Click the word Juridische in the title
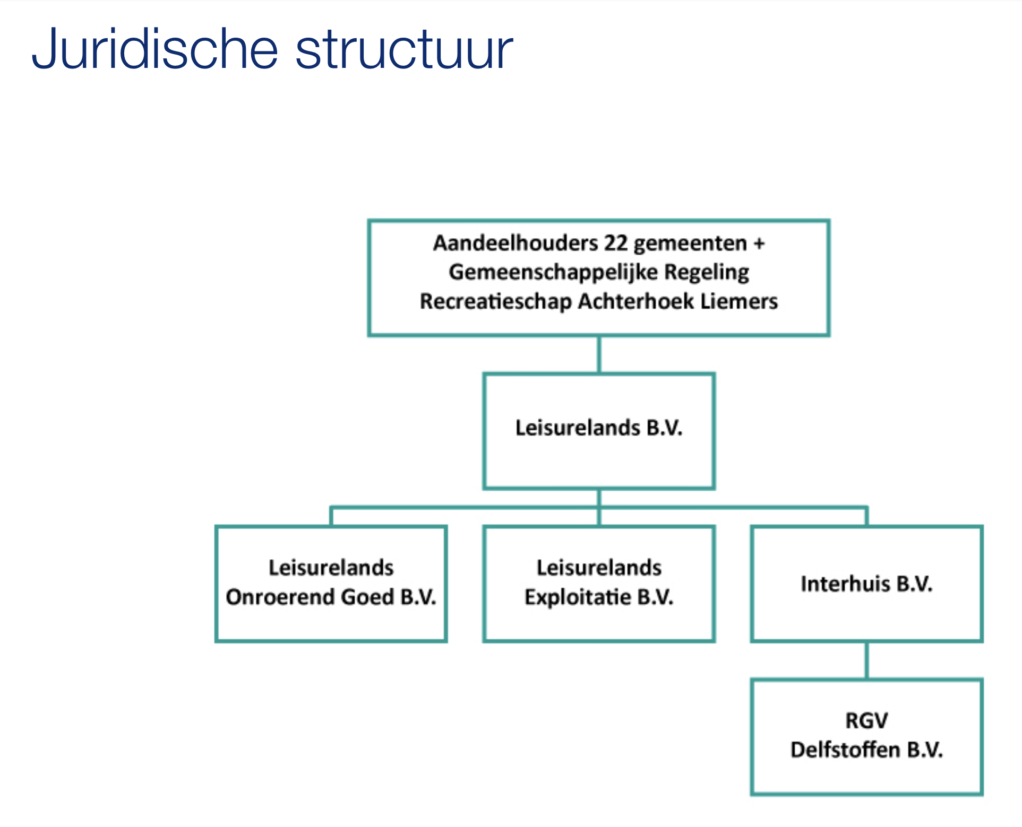coord(154,49)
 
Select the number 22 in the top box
coord(616,243)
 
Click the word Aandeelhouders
coord(516,243)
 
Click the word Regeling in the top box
coord(707,273)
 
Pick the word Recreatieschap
coord(496,302)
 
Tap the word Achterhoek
coord(636,301)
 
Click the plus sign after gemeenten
coord(759,244)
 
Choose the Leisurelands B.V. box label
coord(599,428)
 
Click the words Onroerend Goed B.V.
coord(331,597)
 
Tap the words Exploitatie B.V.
coord(599,598)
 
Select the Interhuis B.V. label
coord(866,584)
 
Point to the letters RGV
coord(866,721)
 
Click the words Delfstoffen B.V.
coord(866,750)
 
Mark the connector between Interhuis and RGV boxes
coord(867,660)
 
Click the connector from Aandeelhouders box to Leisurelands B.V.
coord(599,355)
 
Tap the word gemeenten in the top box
coord(690,244)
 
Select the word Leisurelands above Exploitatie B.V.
coord(599,568)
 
